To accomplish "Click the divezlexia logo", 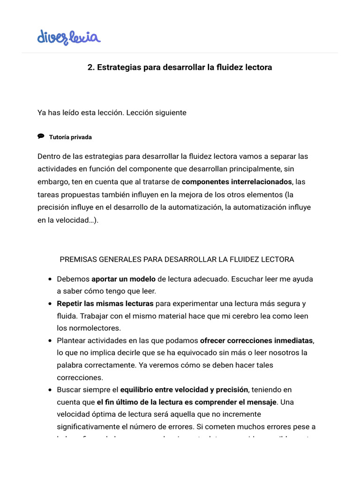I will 69,37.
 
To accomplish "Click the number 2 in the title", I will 90,67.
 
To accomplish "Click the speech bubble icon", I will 41,136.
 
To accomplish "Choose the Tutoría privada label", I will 70,137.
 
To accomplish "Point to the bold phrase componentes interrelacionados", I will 237,181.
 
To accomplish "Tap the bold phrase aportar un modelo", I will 123,279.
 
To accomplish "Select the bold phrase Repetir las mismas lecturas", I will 105,303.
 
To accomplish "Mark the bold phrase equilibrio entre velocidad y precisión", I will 184,390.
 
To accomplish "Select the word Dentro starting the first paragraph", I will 49,156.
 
